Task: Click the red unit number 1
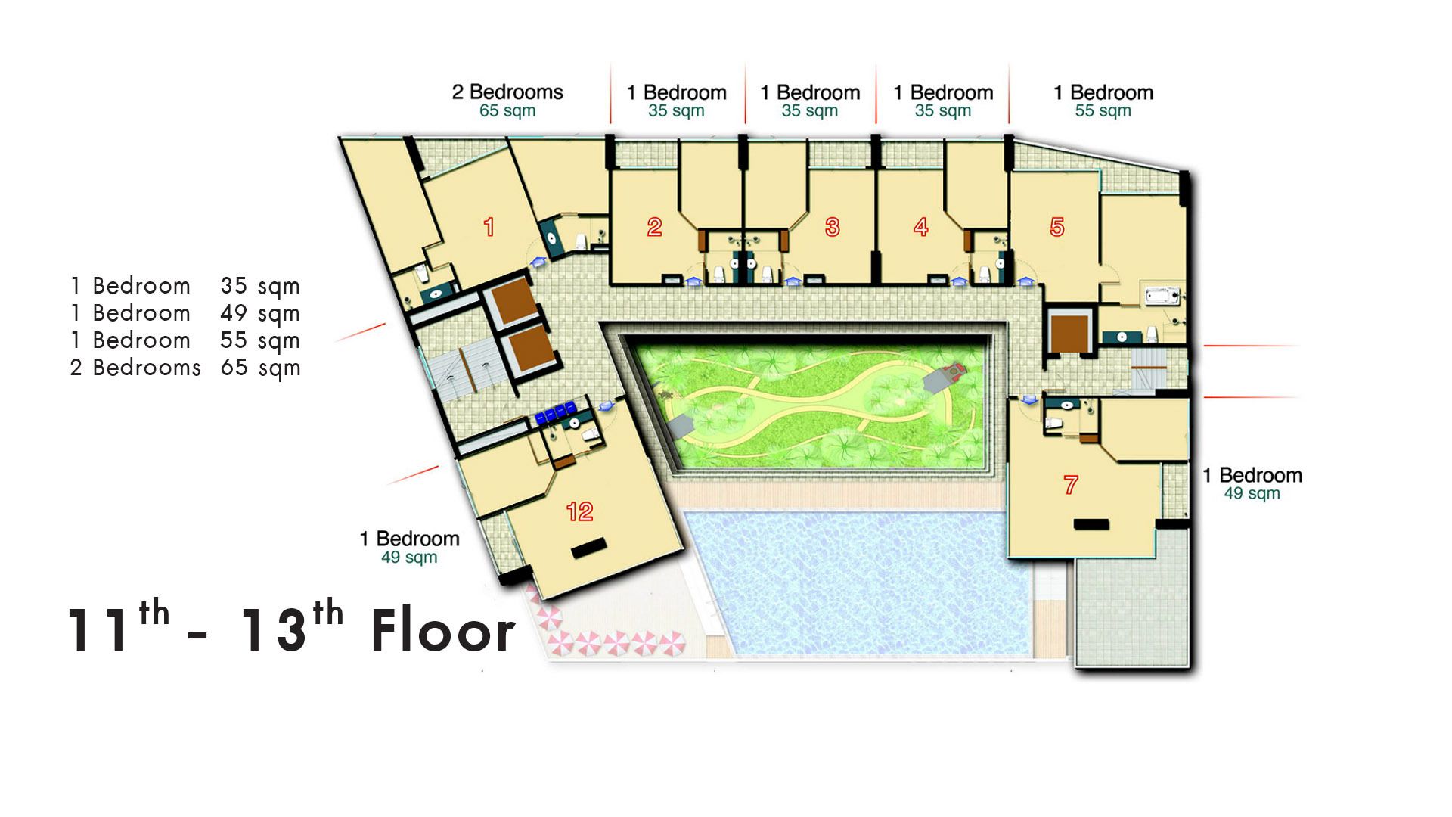point(489,227)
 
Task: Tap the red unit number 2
point(655,227)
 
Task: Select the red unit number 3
point(833,227)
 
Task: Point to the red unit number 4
point(921,227)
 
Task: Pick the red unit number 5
point(1057,227)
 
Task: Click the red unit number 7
point(1071,485)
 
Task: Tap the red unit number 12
point(580,512)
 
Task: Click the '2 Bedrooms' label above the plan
point(507,92)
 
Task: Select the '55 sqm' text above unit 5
point(1103,111)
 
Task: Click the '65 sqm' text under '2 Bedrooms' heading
point(507,111)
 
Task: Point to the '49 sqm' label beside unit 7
point(1252,494)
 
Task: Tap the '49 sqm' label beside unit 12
point(409,558)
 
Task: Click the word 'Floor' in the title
point(443,632)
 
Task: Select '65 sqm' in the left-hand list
point(260,368)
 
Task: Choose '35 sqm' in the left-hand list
point(260,287)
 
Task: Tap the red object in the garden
point(956,370)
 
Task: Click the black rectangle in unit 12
point(589,548)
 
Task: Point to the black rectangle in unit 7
point(1091,524)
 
